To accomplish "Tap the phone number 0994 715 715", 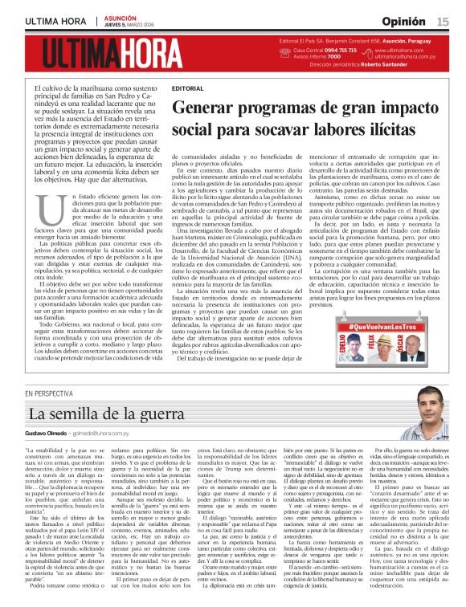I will click(315, 50).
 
